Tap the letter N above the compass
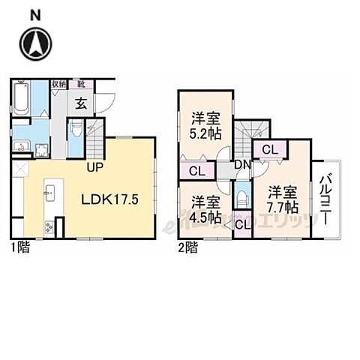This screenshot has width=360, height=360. click(34, 14)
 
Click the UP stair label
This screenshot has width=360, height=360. click(94, 166)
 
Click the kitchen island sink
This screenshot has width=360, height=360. click(50, 196)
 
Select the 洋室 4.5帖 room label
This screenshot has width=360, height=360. click(204, 209)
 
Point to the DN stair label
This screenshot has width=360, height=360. click(241, 166)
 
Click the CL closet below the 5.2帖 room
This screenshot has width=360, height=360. click(196, 171)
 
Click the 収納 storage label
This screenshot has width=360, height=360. click(58, 84)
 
